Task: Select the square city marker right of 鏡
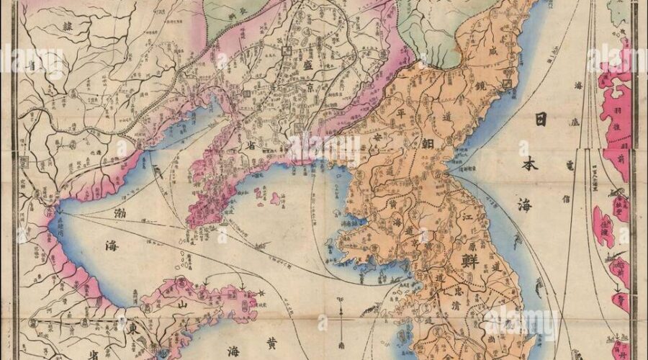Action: click(508, 84)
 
